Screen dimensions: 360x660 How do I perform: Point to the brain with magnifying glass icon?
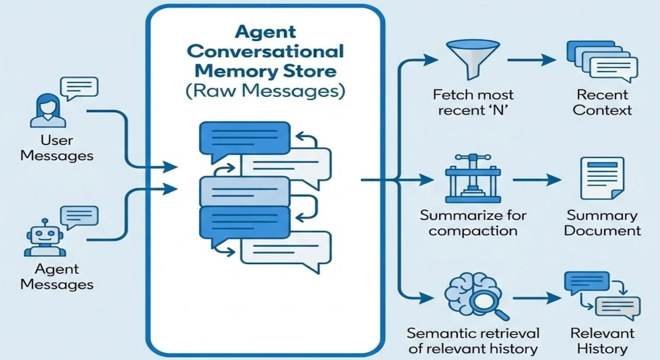(474, 296)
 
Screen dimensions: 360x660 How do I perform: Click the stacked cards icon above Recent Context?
(601, 62)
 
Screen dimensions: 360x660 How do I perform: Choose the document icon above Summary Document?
(602, 179)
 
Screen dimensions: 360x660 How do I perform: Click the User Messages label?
(57, 148)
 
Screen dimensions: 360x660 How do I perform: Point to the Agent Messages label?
(57, 277)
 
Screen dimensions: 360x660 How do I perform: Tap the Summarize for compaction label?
(473, 223)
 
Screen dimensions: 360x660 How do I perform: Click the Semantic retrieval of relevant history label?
(473, 340)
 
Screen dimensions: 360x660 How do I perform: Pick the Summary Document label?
(602, 223)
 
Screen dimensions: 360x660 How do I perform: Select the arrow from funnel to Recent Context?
(532, 60)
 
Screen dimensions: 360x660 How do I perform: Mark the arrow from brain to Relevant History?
(536, 297)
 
